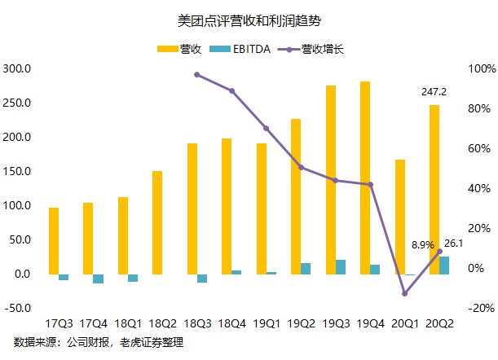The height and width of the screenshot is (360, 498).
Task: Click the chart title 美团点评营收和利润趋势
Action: [249, 17]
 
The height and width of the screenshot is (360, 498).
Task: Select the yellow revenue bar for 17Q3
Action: [54, 241]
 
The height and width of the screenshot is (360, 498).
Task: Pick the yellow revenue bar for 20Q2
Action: [434, 190]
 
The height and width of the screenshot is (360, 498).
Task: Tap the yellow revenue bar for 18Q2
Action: [157, 222]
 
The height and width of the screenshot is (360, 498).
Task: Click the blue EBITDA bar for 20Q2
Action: [444, 266]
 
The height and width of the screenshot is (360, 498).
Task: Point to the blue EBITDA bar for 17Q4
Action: [99, 279]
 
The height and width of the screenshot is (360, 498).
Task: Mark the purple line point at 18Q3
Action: [197, 75]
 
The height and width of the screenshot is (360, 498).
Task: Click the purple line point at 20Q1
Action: [405, 294]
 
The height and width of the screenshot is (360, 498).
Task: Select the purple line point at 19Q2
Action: [301, 168]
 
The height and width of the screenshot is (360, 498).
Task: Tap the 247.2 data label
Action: [434, 92]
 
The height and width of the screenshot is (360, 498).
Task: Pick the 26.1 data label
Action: [454, 244]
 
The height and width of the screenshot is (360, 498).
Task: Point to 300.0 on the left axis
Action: [17, 68]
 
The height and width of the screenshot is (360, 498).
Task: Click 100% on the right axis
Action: [480, 68]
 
